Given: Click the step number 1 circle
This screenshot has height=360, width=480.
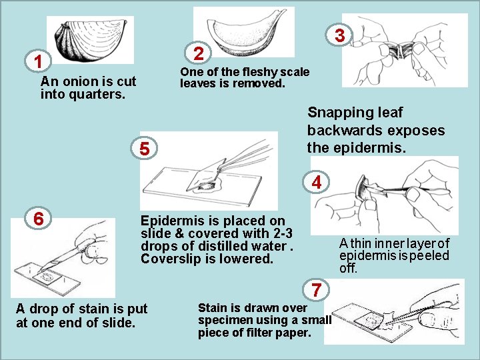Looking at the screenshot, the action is click(x=38, y=61).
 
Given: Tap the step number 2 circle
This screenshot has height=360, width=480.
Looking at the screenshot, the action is click(x=199, y=53).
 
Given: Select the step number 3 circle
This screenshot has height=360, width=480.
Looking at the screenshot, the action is click(x=339, y=35).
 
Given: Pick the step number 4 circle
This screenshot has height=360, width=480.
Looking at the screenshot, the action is click(x=316, y=183).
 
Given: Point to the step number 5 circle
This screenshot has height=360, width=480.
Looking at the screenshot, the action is click(x=144, y=149).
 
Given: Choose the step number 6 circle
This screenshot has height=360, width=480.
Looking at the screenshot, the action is click(x=38, y=219).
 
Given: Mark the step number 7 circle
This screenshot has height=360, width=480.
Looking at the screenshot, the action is click(x=316, y=289).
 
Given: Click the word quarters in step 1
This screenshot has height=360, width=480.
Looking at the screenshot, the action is click(x=97, y=94).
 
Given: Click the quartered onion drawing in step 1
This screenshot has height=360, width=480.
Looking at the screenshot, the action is click(x=90, y=39).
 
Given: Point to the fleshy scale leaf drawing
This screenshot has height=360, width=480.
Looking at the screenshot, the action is click(x=244, y=33).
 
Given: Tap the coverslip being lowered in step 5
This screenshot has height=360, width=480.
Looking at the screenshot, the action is click(x=206, y=175).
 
